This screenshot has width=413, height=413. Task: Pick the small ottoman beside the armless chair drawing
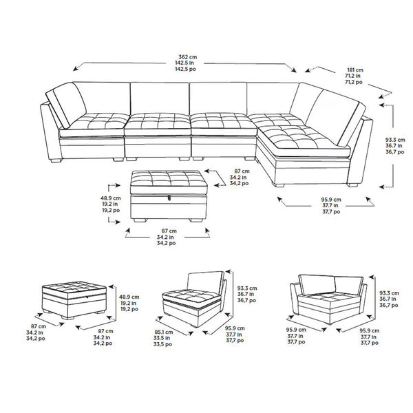[75, 299]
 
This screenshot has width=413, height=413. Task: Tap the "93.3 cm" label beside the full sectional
[395, 139]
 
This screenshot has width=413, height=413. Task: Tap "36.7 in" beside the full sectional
[395, 146]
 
